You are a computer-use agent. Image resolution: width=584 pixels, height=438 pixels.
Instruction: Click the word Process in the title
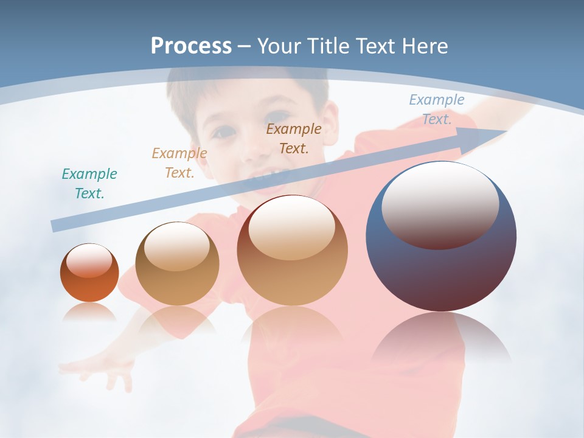coord(191,46)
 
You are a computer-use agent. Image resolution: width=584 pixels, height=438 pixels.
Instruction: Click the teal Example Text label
coord(89,184)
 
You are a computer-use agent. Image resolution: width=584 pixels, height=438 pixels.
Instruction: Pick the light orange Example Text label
coord(179,163)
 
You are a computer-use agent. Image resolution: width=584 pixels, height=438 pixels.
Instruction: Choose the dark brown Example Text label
coord(294,138)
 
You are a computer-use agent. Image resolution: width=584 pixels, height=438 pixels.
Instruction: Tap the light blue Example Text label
coord(437,109)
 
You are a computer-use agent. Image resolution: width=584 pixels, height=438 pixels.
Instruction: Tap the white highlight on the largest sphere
coord(440,204)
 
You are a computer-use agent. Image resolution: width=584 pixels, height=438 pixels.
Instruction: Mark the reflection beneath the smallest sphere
coord(89,313)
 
